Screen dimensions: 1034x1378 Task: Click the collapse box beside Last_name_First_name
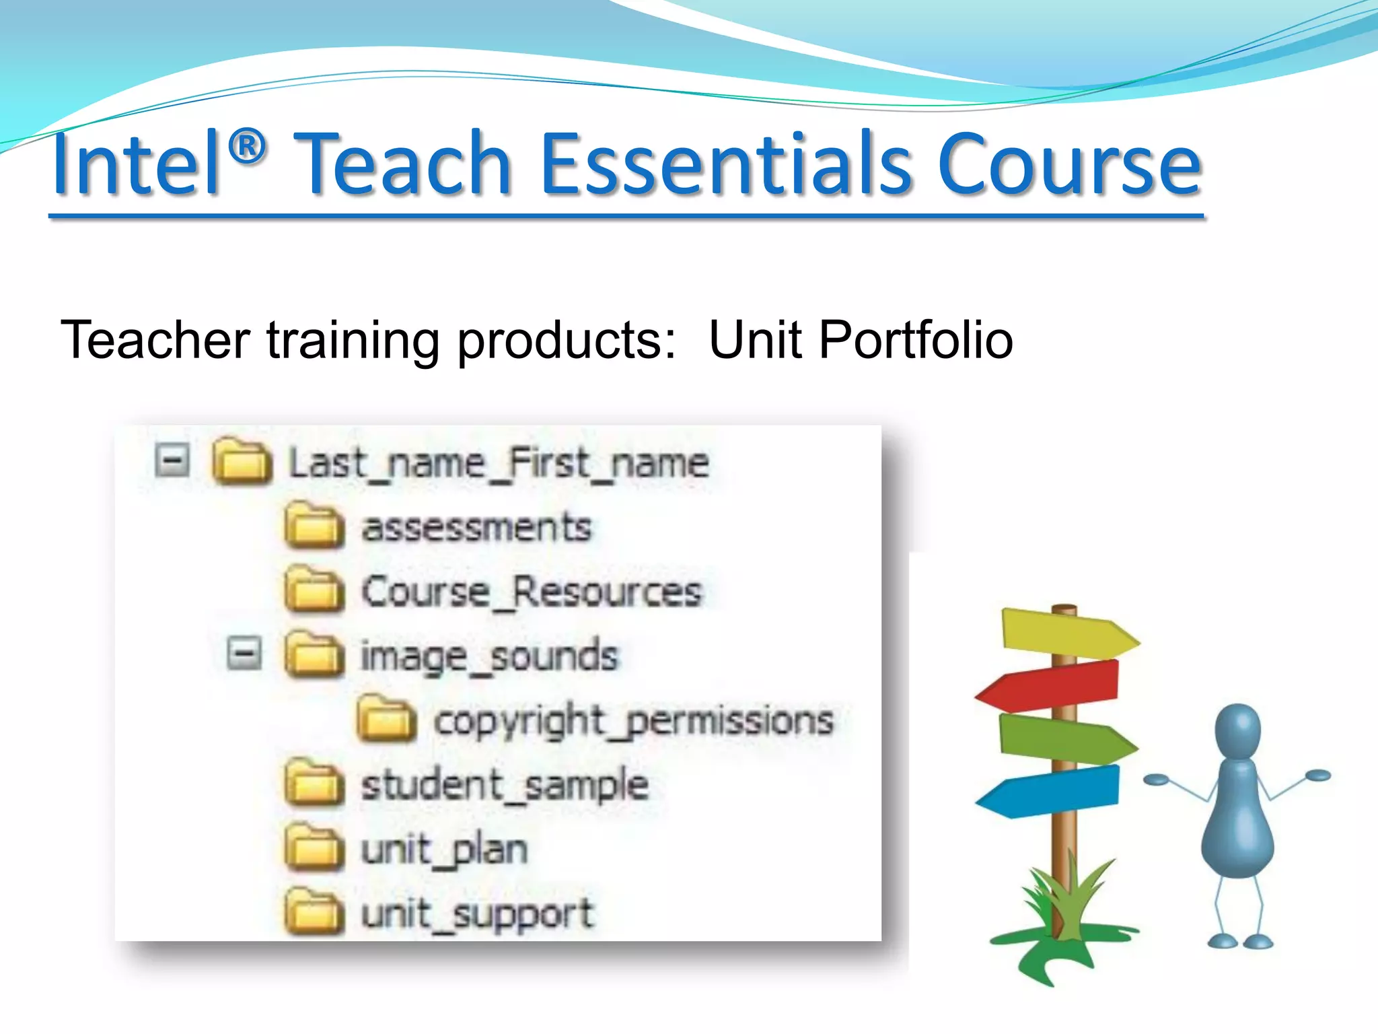(172, 462)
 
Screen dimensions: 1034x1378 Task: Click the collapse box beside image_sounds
(244, 653)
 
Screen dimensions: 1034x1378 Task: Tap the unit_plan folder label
(444, 850)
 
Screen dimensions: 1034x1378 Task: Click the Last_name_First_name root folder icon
(242, 462)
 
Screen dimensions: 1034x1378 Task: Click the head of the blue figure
(1237, 730)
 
